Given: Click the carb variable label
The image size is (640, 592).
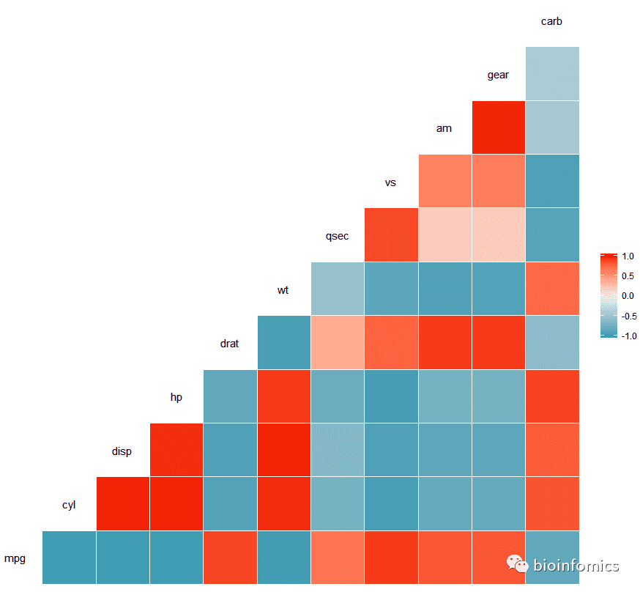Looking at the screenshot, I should [551, 21].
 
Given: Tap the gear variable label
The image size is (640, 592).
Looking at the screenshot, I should [498, 75].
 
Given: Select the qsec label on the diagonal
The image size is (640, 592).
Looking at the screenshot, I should [337, 236].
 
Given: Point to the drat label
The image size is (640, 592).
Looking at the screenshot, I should [229, 343].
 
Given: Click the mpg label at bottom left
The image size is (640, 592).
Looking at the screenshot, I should [15, 558].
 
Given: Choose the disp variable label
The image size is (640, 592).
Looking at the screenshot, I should [122, 451].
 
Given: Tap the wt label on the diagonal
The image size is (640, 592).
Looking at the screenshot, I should [283, 290].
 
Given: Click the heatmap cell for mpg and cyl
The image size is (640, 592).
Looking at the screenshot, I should [69, 557].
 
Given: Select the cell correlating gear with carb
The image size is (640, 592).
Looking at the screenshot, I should [552, 73].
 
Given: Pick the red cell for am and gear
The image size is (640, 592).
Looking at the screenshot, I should [499, 127].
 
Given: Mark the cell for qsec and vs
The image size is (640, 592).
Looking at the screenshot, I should [391, 234].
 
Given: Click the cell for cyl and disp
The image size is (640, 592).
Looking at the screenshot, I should [122, 503].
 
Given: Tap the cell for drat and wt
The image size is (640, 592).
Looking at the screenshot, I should [283, 342].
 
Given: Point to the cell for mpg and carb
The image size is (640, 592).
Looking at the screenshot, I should [552, 557].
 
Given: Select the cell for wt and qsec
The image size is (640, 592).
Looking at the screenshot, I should [337, 288].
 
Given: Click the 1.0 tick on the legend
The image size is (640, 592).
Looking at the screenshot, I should [628, 257].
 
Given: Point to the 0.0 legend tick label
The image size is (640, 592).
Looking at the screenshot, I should [628, 296].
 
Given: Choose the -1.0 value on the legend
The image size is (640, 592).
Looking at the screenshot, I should [628, 336].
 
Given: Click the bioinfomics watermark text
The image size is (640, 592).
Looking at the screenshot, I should [576, 566].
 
